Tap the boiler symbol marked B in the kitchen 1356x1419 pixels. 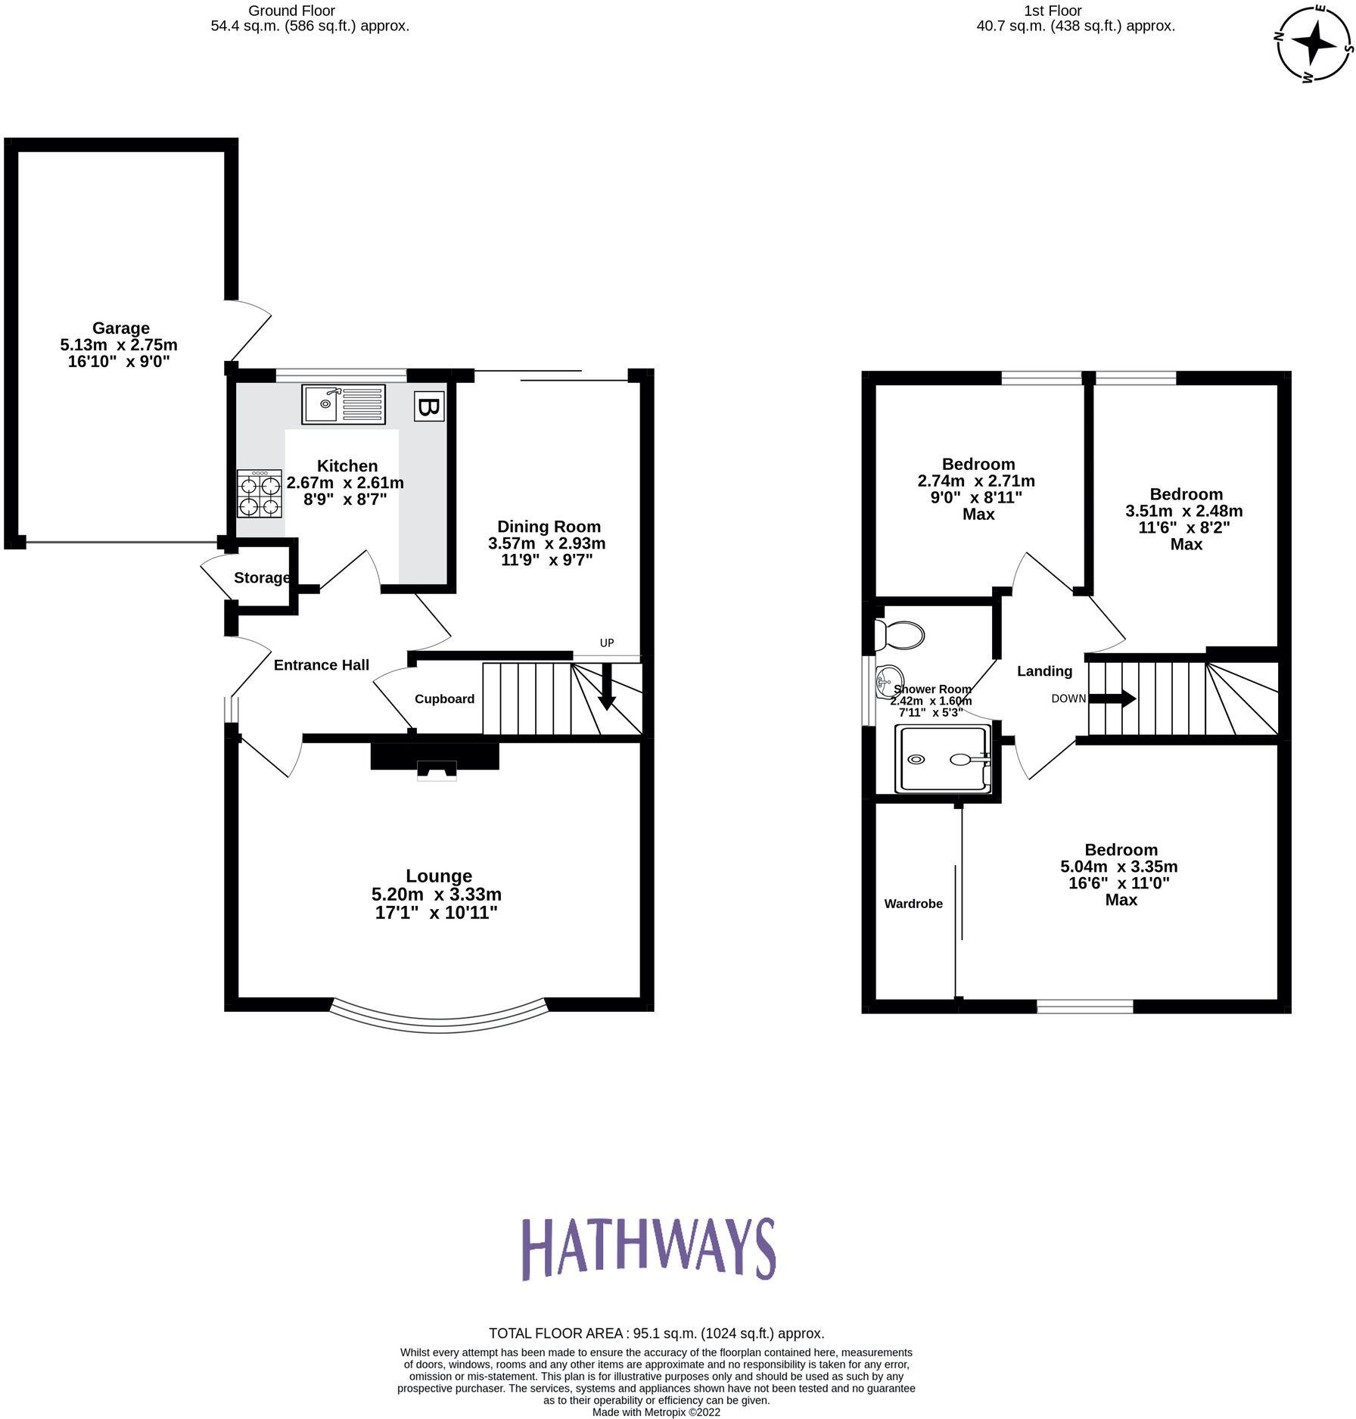(429, 407)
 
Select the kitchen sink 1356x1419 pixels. (344, 404)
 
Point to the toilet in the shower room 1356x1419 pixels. (899, 635)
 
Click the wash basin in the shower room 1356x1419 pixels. (888, 681)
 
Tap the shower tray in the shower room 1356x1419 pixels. (943, 759)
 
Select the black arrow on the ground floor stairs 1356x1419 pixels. (606, 688)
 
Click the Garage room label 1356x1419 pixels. (121, 328)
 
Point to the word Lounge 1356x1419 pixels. (439, 876)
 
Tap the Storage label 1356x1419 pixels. (262, 577)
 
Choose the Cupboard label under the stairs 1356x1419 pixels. (444, 699)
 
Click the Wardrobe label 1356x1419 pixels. (913, 904)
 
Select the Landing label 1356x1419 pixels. (1044, 671)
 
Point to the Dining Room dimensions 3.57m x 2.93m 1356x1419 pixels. (546, 543)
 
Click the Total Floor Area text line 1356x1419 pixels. (656, 1333)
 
